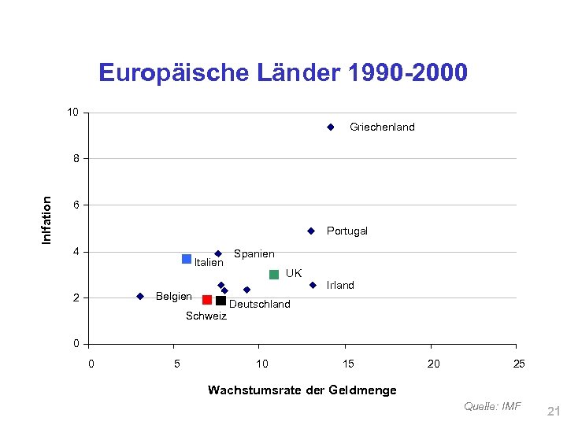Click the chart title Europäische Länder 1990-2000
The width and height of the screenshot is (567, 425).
(283, 73)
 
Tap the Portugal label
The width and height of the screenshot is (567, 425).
(347, 231)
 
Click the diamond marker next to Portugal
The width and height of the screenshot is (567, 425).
(311, 231)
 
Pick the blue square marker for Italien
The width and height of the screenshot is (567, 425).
(187, 259)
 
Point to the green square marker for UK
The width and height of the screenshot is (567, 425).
(274, 275)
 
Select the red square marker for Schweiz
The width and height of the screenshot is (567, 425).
(207, 300)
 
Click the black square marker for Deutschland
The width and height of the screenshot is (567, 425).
(220, 301)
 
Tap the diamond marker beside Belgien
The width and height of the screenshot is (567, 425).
(139, 297)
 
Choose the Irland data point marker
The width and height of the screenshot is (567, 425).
(313, 285)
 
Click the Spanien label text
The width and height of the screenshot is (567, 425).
(254, 253)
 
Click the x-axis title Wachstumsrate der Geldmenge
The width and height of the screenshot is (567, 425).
(302, 390)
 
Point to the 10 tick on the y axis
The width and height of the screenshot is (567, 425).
(72, 113)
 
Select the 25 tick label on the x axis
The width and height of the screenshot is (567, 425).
(518, 364)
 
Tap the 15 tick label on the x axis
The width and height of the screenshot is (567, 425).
(347, 364)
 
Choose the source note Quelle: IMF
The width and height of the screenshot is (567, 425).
(492, 406)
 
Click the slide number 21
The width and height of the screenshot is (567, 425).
(552, 411)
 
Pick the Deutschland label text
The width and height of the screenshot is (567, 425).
(259, 304)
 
